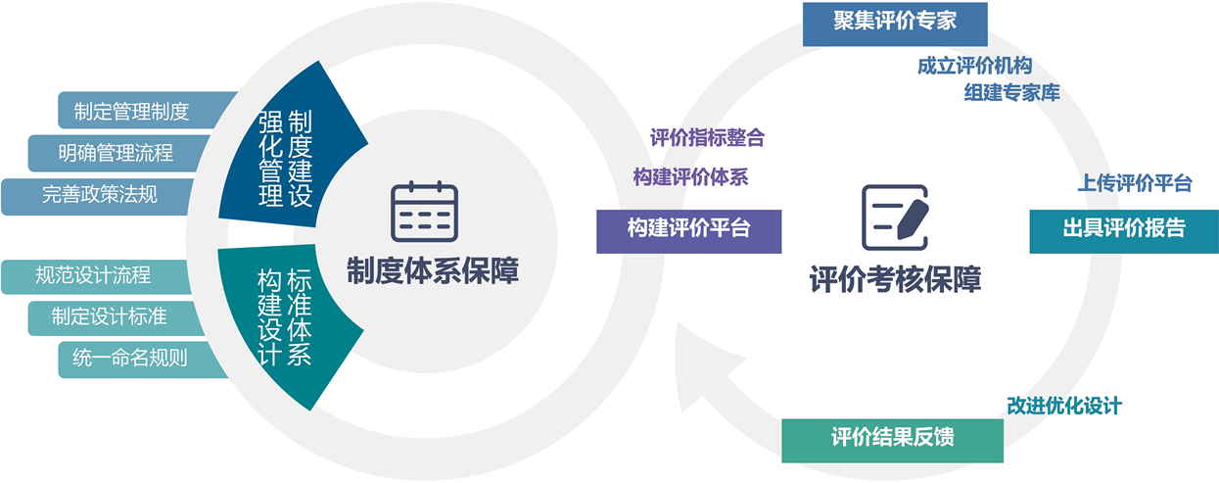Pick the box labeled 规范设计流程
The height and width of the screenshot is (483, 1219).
[x=94, y=275]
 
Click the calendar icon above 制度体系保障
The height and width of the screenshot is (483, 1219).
[x=424, y=212]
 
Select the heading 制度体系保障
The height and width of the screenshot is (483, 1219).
[x=432, y=271]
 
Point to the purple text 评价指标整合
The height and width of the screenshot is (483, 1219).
[x=707, y=138]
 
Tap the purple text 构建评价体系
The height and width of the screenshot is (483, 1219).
[x=690, y=178]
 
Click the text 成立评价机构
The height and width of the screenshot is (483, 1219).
[x=974, y=67]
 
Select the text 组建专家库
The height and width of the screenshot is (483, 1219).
[x=1011, y=93]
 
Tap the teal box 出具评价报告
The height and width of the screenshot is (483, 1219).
[x=1123, y=229]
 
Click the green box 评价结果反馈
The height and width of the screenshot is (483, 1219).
[x=892, y=438]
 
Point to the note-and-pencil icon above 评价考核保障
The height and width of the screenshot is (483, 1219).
[x=894, y=217]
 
